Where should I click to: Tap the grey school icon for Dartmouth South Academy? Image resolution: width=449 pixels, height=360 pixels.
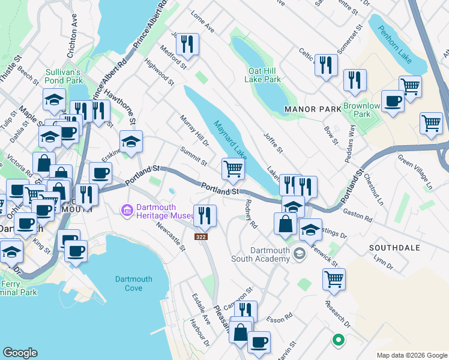pos(298,254)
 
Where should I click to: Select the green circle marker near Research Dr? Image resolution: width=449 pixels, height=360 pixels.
pos(338,340)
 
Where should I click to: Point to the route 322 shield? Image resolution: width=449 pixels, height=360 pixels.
pos(201,237)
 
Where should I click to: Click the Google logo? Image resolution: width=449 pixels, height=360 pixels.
pos(20,353)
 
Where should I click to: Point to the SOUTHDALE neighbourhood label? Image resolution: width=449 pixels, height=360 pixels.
pos(393,247)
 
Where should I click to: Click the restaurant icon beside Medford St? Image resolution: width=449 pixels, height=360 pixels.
pos(187,44)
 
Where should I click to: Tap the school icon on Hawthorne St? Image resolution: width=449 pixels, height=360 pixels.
pos(131,142)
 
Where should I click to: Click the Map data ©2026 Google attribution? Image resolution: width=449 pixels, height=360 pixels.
pos(411,355)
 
